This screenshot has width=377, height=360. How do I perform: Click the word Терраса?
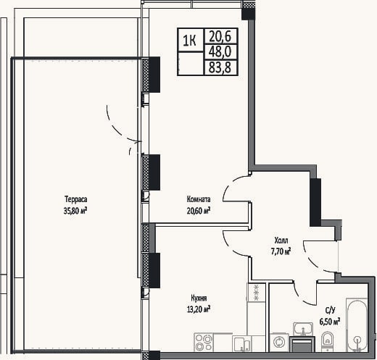click(76, 200)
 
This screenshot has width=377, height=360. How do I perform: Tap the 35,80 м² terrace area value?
click(75, 211)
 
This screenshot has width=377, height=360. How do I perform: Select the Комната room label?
click(199, 199)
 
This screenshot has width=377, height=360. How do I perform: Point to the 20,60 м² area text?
click(198, 211)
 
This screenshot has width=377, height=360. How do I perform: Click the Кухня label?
click(199, 298)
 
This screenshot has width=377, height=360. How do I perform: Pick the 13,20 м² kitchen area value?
click(198, 309)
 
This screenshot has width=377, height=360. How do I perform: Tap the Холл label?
click(281, 240)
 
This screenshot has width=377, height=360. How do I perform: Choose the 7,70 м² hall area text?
click(281, 251)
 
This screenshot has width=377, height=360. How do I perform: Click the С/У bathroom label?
click(331, 311)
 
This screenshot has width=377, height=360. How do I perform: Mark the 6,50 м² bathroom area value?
click(330, 322)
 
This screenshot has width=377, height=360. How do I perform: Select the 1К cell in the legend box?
click(189, 41)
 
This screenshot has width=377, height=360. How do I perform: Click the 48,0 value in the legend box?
click(220, 51)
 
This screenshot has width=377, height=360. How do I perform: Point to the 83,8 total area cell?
click(220, 67)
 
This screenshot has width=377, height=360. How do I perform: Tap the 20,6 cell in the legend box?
click(220, 36)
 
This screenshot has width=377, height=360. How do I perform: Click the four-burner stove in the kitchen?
click(204, 343)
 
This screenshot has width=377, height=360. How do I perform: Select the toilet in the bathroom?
click(328, 341)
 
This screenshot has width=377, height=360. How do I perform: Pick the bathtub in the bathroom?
click(357, 325)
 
